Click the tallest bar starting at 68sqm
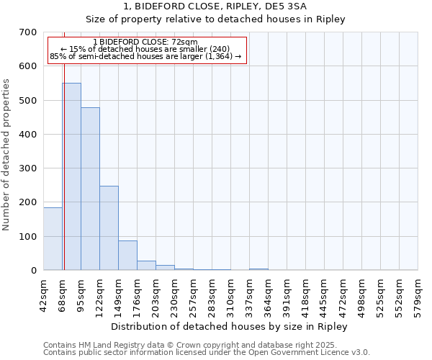71,176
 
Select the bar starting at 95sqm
90,189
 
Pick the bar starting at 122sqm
109,228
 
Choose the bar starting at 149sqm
127,255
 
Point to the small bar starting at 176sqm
146,265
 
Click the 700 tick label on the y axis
28,32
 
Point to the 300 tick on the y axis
28,168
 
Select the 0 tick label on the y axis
34,271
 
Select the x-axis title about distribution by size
230,327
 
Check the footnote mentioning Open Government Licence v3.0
207,353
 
